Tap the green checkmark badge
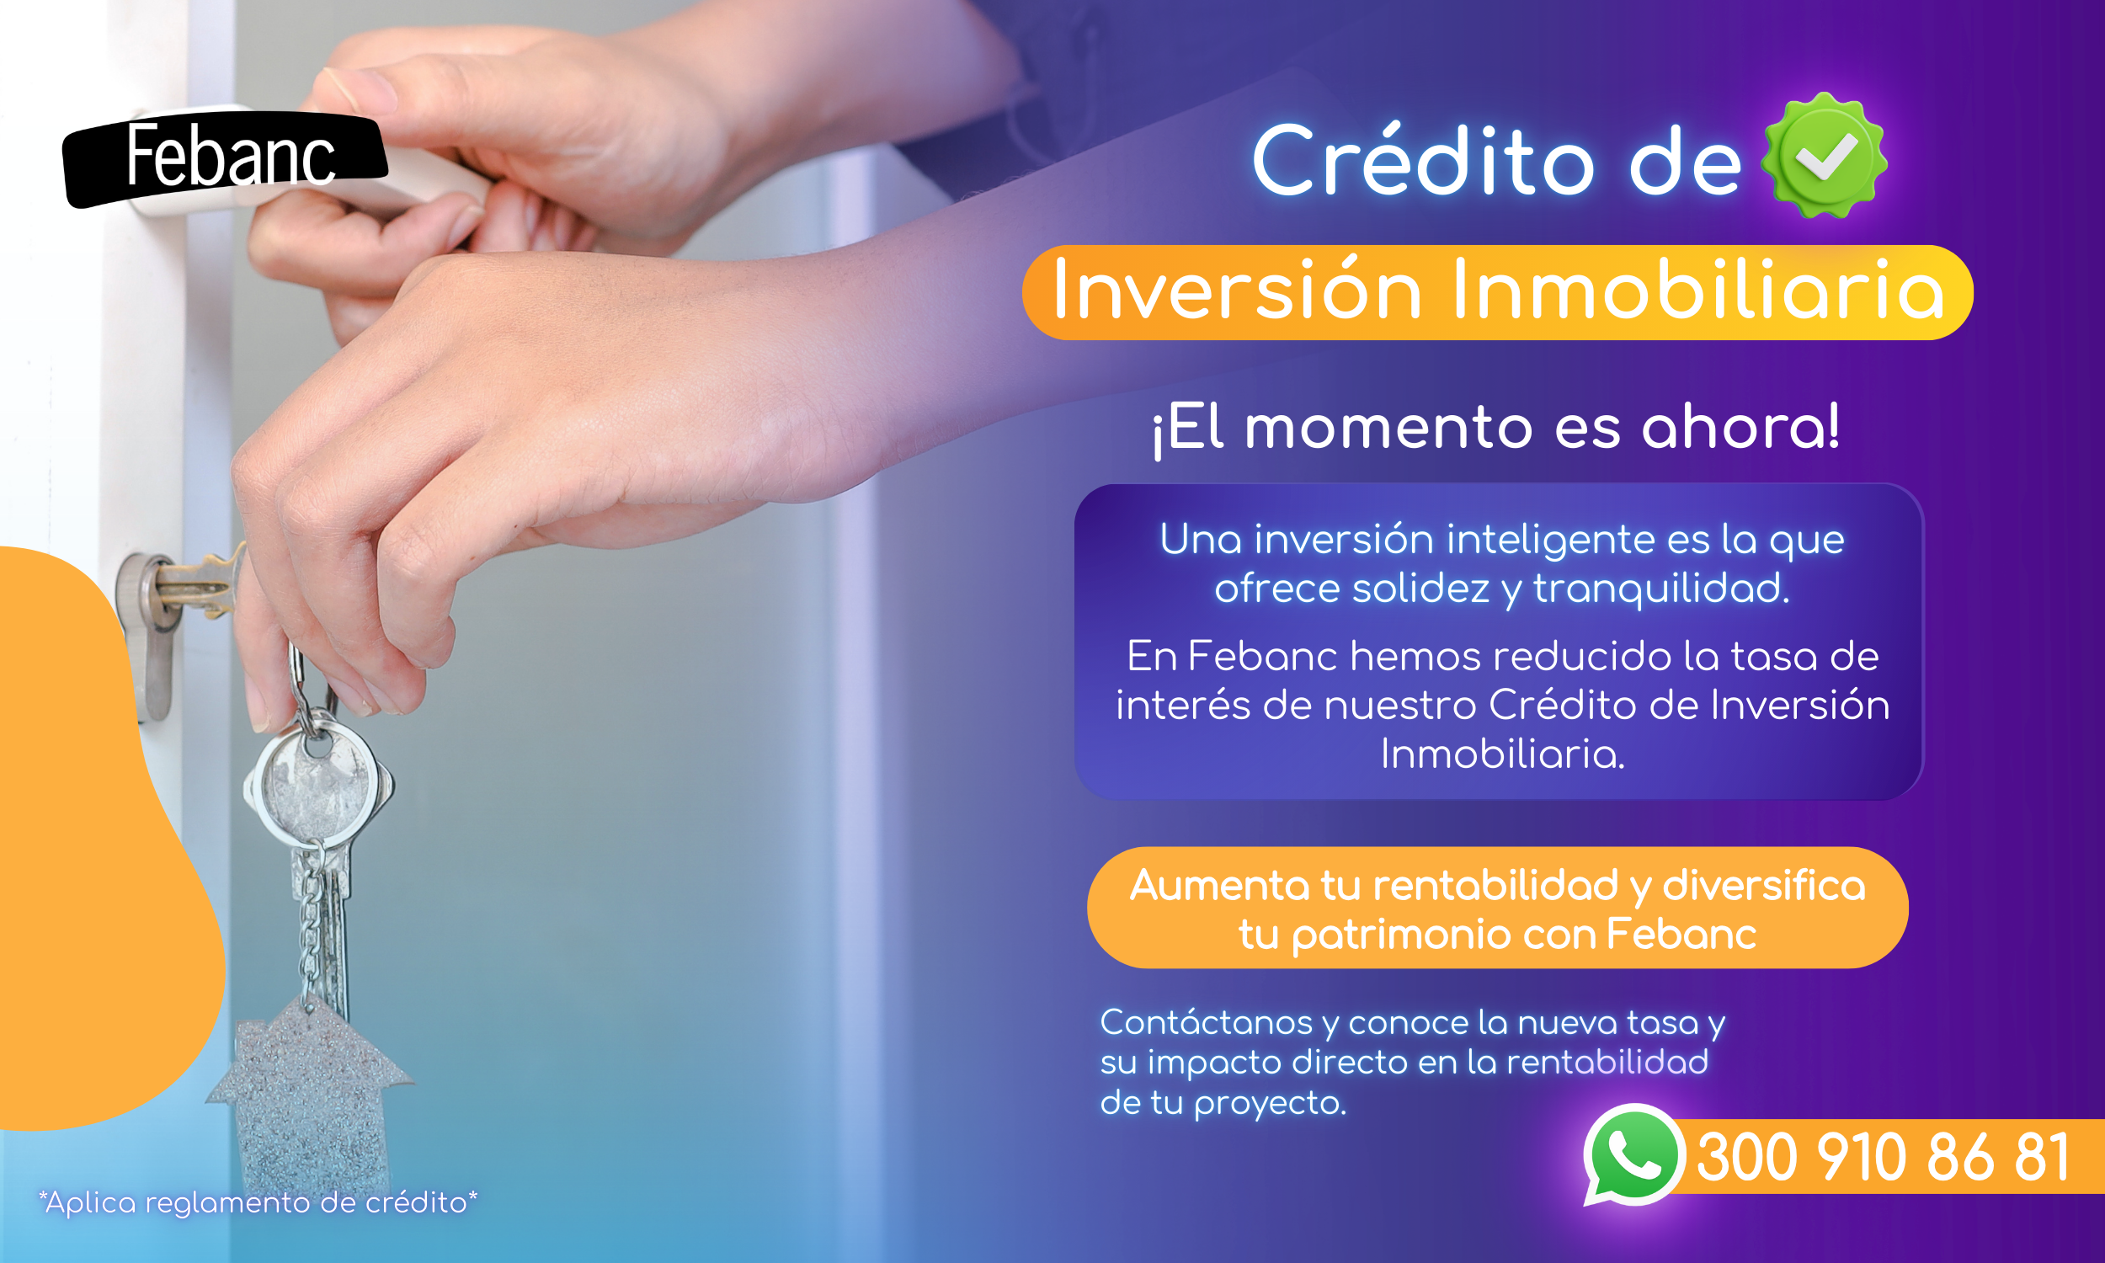pos(1825,156)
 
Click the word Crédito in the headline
pos(1423,160)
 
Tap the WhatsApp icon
pos(1633,1155)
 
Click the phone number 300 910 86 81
pos(1883,1158)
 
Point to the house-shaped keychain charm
pos(310,1098)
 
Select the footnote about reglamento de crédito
pos(258,1202)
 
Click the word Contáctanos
pos(1207,1022)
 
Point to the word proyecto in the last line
pos(1270,1104)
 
